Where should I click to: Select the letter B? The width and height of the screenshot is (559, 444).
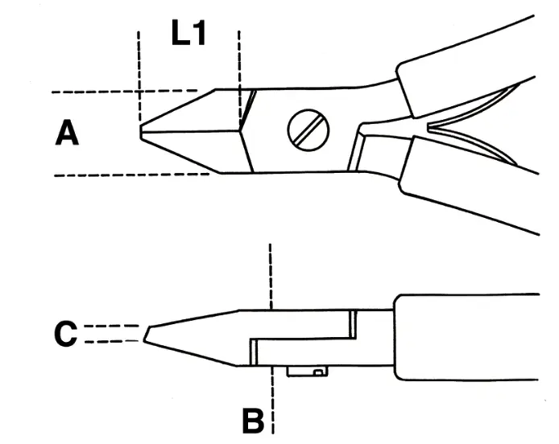pyautogui.click(x=253, y=419)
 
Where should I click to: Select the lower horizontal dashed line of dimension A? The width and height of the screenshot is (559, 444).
pyautogui.click(x=121, y=175)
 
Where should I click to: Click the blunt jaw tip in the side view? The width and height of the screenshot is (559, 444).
pyautogui.click(x=148, y=334)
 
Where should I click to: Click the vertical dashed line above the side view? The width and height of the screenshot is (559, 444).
pyautogui.click(x=271, y=273)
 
